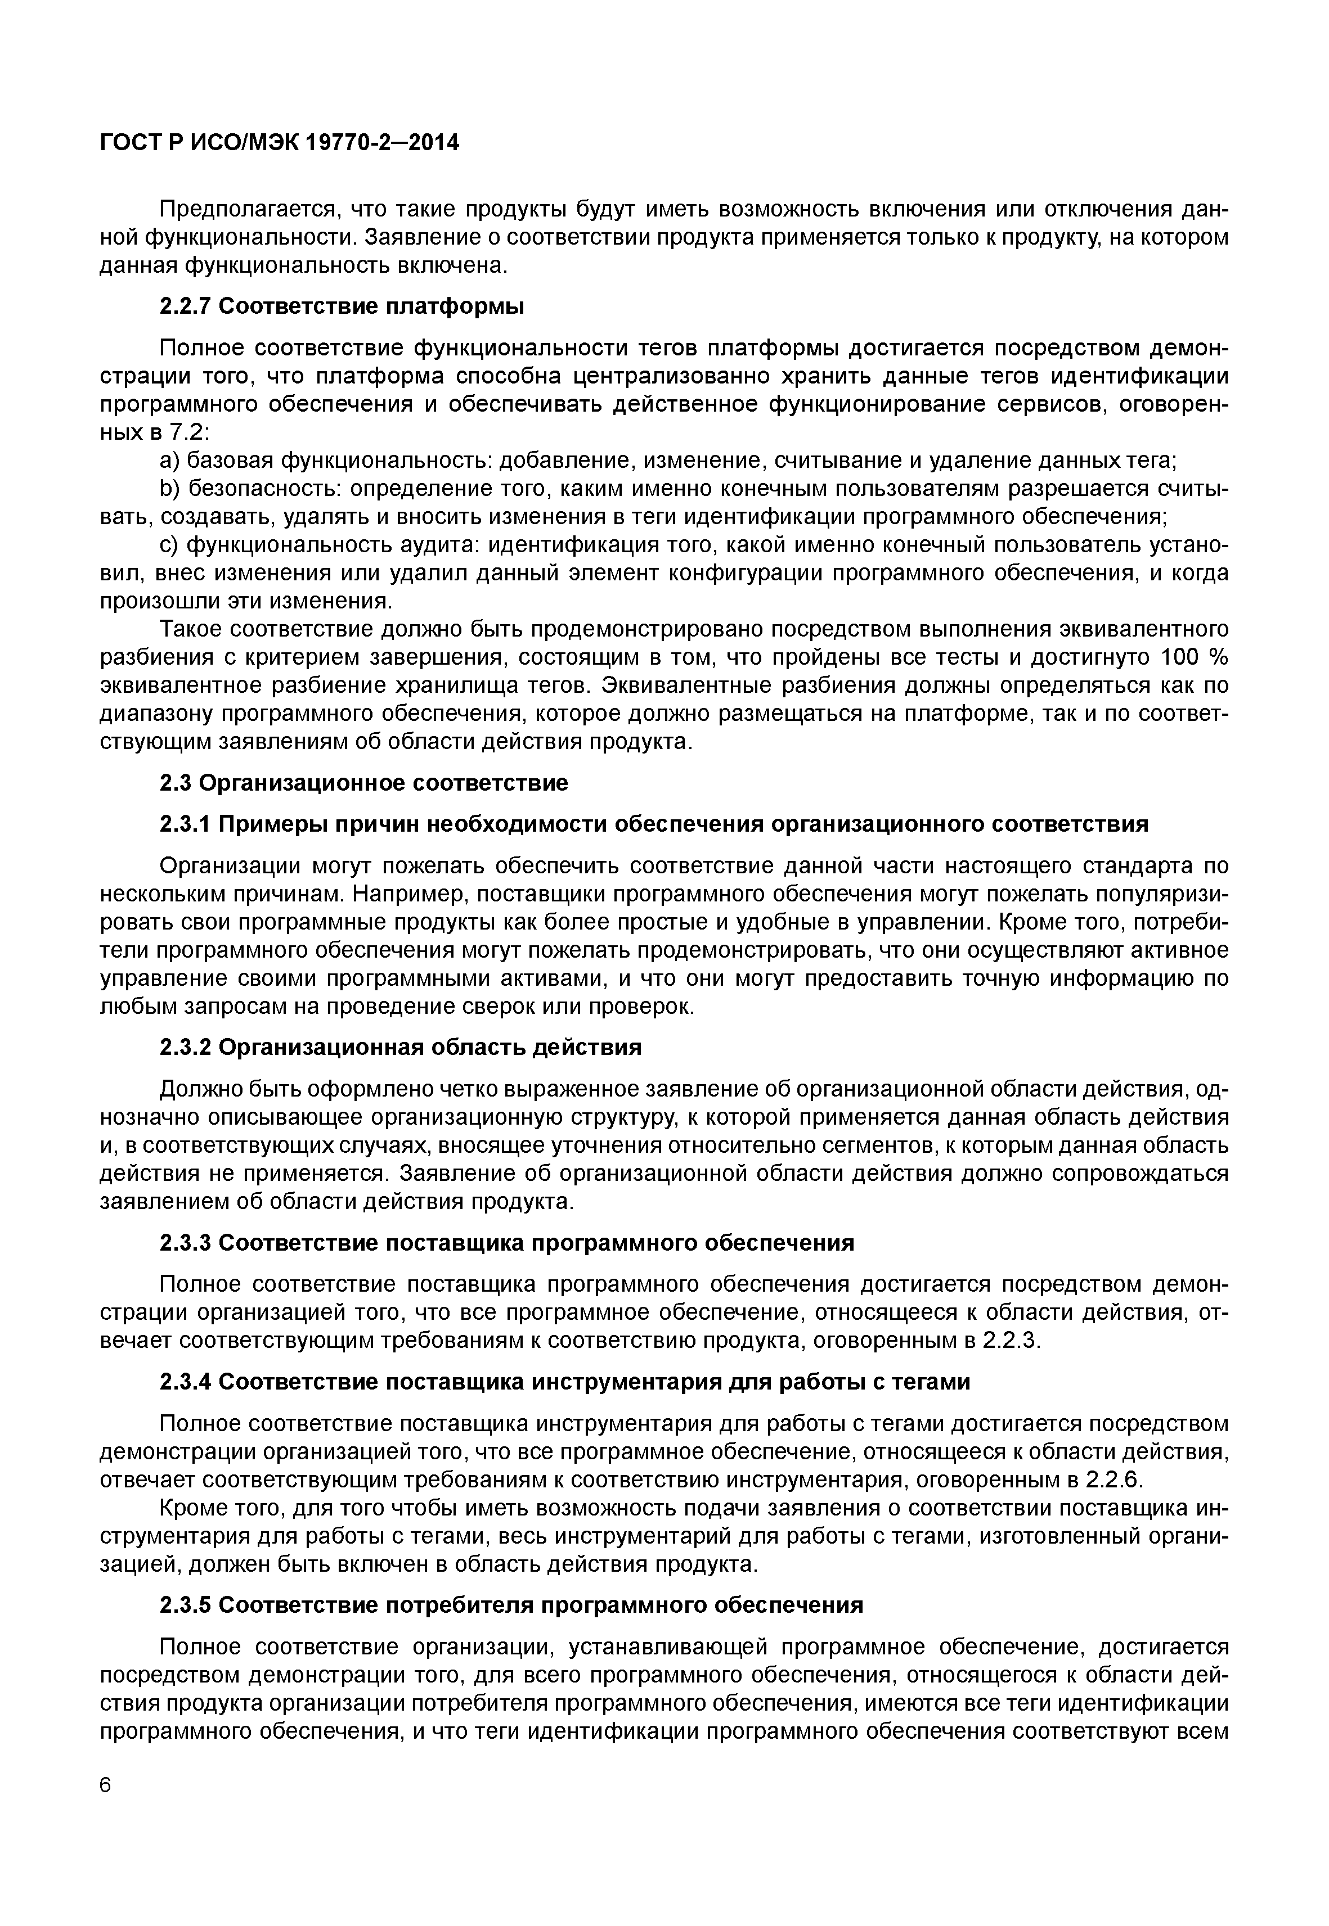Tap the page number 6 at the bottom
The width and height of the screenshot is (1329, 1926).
(105, 1786)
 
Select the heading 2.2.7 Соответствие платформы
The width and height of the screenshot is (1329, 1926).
(342, 307)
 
